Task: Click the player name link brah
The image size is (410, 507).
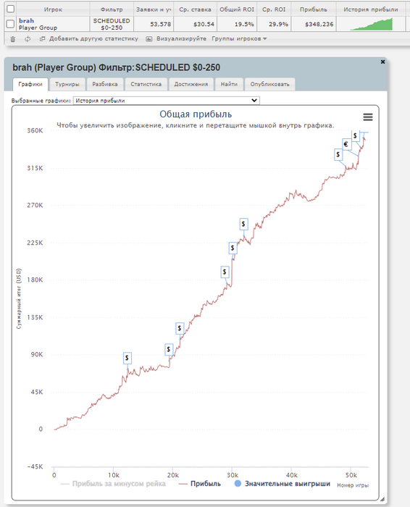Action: point(26,21)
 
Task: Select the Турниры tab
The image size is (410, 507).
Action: point(67,84)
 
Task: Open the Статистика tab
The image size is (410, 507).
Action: point(146,84)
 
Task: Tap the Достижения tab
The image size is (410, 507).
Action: point(191,84)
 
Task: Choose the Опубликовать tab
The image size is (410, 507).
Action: point(269,84)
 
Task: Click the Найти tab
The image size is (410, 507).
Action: point(229,84)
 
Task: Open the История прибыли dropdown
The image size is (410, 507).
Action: point(166,101)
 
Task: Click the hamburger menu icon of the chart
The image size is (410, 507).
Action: point(368,117)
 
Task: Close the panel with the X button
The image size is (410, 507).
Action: point(383,62)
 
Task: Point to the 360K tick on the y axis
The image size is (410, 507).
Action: point(35,130)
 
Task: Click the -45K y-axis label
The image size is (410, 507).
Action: point(35,466)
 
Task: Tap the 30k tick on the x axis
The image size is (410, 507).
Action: point(232,475)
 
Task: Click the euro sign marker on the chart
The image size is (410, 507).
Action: point(346,144)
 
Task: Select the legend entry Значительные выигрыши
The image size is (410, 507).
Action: point(283,484)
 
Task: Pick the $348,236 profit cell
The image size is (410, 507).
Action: point(319,24)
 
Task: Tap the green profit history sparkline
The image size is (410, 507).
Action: point(372,24)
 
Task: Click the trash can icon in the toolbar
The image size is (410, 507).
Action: point(13,39)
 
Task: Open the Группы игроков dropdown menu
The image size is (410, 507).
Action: point(239,39)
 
